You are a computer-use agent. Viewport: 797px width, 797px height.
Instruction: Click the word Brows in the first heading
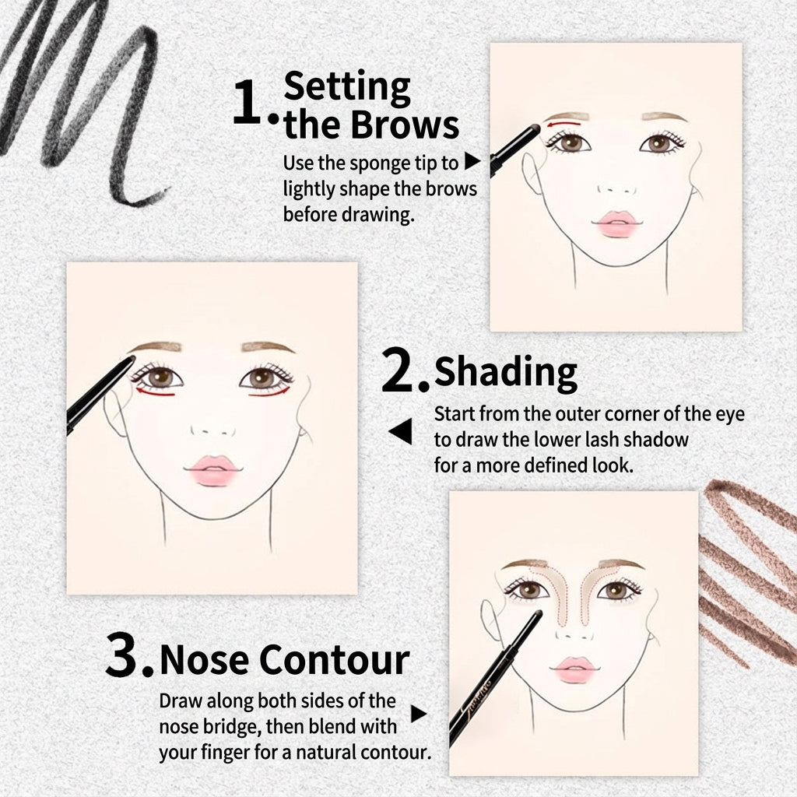(405, 125)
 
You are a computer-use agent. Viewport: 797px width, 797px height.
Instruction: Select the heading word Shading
(506, 374)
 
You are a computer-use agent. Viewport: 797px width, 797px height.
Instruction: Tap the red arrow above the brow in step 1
(563, 123)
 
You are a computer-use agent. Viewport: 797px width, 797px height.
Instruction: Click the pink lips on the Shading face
(213, 470)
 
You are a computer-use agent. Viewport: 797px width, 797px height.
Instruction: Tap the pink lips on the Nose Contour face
(574, 669)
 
